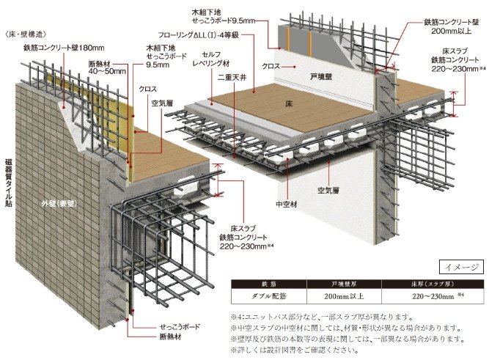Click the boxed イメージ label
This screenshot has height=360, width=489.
click(461, 268)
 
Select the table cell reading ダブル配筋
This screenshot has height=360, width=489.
click(269, 296)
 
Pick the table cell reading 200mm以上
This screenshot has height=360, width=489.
click(344, 296)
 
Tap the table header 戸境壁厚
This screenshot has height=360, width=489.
click(344, 284)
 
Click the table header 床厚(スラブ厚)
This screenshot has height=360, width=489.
click(433, 284)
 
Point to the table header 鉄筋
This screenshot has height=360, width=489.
click(269, 284)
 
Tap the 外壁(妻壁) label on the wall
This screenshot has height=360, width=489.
click(59, 204)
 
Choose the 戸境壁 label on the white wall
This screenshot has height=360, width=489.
click(321, 77)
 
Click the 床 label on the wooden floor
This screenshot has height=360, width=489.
click(289, 104)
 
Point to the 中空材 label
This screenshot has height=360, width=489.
click(287, 205)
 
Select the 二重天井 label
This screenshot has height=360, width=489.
click(232, 78)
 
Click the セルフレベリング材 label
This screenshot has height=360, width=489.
click(211, 59)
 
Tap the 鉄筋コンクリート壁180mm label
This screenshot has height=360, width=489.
click(64, 48)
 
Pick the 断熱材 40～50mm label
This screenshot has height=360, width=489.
click(106, 67)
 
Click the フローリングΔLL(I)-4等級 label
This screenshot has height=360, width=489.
click(199, 35)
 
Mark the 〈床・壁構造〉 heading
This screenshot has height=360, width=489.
click(26, 34)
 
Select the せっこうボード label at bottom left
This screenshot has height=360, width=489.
click(180, 327)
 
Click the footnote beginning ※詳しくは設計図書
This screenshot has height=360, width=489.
click(295, 350)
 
